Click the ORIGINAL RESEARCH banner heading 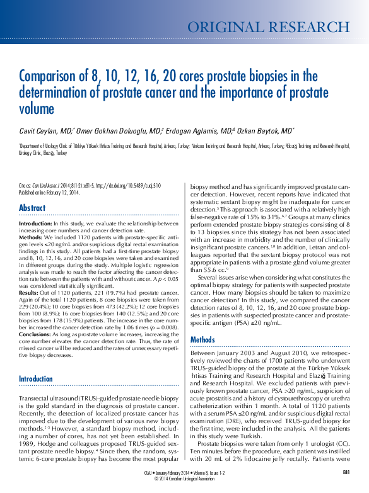click(x=269, y=26)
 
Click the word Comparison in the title click(x=53, y=77)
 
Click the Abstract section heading click(x=32, y=208)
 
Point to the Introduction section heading click(x=37, y=378)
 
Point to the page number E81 click(x=346, y=472)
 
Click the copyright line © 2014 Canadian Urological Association click(x=184, y=478)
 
